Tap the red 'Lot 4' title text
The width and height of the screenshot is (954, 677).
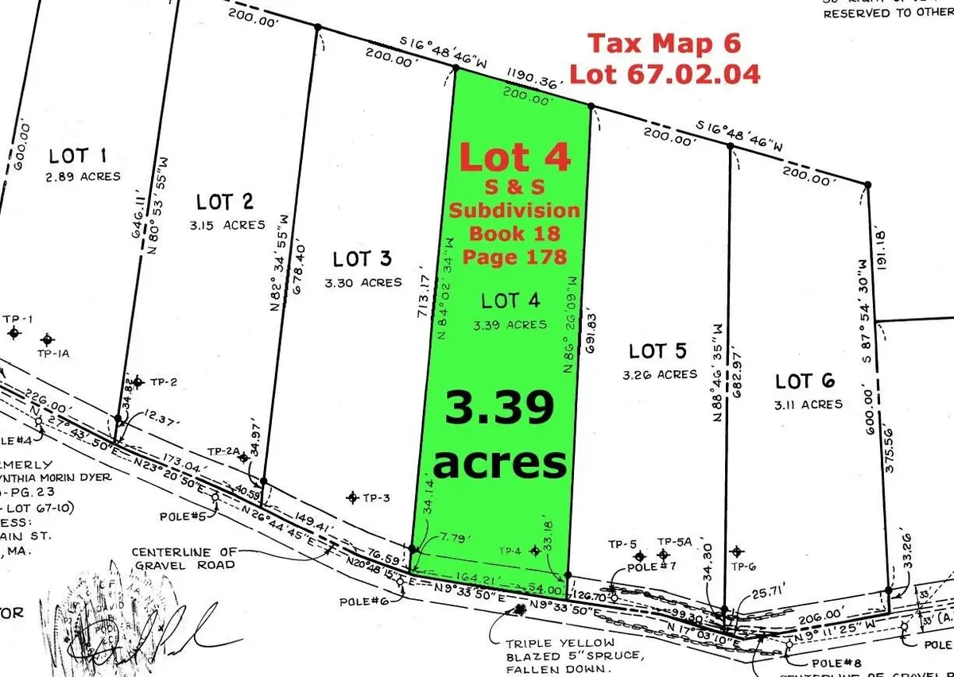[x=514, y=157]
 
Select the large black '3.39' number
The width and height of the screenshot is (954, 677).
[x=498, y=410]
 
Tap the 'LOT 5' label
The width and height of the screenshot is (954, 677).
[x=657, y=351]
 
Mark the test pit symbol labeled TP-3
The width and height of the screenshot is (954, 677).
[x=352, y=497]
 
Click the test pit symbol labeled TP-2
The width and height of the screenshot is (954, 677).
[x=137, y=382]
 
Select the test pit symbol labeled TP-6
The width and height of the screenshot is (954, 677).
[x=737, y=551]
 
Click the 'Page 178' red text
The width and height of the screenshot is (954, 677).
[x=514, y=257]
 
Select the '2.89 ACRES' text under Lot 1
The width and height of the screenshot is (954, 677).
[x=83, y=176]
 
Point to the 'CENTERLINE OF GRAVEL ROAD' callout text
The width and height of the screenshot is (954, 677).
[x=184, y=558]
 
